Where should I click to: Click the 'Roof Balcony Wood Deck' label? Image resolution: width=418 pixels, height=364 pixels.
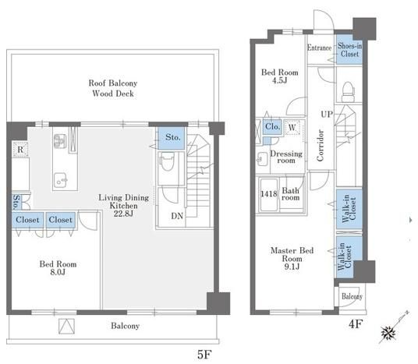click(x=113, y=88)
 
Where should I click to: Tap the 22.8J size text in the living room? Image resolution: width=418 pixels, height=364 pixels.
click(x=123, y=214)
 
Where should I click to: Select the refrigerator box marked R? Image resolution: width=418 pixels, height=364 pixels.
click(x=20, y=150)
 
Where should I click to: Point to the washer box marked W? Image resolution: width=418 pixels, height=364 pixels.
click(x=292, y=127)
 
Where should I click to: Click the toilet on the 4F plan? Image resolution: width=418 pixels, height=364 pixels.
click(x=348, y=91)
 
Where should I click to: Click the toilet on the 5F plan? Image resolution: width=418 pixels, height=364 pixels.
click(x=168, y=162)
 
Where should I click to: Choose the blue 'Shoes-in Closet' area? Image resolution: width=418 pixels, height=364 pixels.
click(x=349, y=50)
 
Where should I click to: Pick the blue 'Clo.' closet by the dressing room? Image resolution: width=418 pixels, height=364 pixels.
click(x=272, y=126)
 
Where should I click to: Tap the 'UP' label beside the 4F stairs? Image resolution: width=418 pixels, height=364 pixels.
click(x=327, y=115)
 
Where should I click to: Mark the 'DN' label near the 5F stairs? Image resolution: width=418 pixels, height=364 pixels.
click(x=177, y=216)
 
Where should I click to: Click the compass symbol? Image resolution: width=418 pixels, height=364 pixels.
click(x=388, y=333)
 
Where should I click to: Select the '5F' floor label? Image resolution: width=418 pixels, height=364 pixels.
click(x=204, y=355)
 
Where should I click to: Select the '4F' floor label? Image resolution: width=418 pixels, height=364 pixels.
click(x=356, y=324)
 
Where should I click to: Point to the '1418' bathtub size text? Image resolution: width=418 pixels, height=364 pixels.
click(x=269, y=194)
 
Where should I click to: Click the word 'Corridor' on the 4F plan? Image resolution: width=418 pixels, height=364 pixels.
click(x=321, y=145)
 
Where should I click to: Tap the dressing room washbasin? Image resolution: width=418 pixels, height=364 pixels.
click(x=263, y=159)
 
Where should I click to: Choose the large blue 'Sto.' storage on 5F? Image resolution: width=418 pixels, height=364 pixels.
click(x=172, y=138)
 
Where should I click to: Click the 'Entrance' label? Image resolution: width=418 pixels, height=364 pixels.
click(x=319, y=48)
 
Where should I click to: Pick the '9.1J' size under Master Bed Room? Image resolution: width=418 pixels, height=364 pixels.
click(x=292, y=267)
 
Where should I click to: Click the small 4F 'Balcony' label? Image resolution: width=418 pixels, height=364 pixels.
click(x=352, y=296)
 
